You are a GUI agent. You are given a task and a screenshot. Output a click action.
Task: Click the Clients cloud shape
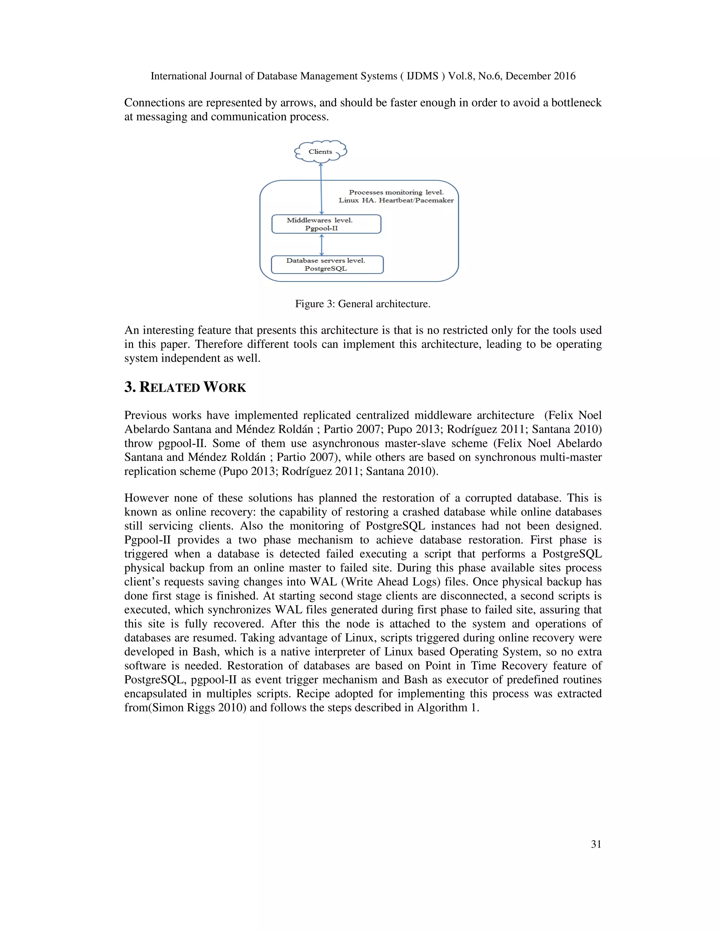click(320, 152)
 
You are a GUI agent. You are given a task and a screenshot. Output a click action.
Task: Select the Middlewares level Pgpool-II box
click(326, 224)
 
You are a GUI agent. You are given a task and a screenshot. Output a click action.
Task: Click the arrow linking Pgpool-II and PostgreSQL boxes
click(322, 245)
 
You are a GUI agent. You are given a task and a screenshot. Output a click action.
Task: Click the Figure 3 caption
click(362, 304)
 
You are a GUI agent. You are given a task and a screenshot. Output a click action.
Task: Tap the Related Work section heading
click(185, 387)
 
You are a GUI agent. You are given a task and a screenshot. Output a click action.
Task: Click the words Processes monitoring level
click(396, 192)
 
